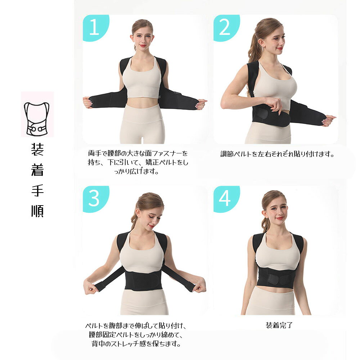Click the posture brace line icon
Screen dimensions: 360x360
pyautogui.click(x=37, y=118)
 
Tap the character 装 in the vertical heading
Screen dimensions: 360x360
pyautogui.click(x=37, y=149)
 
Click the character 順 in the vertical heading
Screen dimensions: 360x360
pyautogui.click(x=37, y=211)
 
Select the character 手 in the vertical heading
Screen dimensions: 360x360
pyautogui.click(x=37, y=190)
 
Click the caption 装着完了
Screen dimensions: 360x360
pyautogui.click(x=279, y=325)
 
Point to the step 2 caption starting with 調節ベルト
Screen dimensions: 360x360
pyautogui.click(x=277, y=154)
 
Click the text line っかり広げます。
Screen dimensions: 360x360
pyautogui.click(x=136, y=171)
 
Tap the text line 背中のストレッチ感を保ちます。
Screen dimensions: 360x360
pyautogui.click(x=136, y=344)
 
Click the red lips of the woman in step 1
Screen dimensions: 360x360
pyautogui.click(x=143, y=45)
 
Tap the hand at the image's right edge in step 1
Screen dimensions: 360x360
pyautogui.click(x=201, y=104)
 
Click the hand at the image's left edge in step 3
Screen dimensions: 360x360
pyautogui.click(x=90, y=286)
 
